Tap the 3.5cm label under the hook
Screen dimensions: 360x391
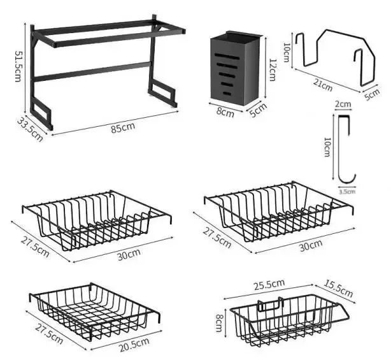(x=346, y=191)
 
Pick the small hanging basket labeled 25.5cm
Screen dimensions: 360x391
(x=290, y=318)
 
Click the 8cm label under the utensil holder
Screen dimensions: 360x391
(x=225, y=113)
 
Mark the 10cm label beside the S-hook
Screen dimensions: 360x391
(x=327, y=148)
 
